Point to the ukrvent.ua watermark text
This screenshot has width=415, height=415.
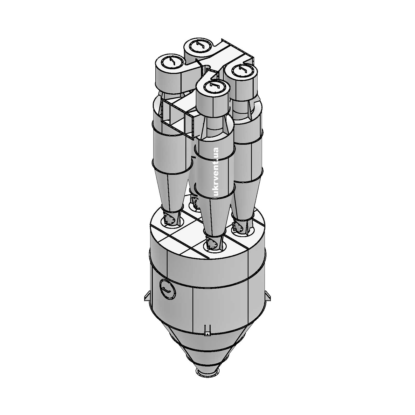[x=215, y=172]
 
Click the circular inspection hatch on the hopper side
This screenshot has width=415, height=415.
[x=168, y=289]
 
